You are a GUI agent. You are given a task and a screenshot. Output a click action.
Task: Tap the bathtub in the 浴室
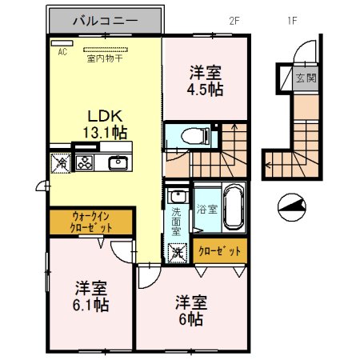pos(232,207)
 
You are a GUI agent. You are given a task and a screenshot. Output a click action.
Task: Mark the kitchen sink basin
pos(118,162)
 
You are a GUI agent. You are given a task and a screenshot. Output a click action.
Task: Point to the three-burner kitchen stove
pos(86,162)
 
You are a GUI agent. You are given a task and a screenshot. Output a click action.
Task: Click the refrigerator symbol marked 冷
pos(60,162)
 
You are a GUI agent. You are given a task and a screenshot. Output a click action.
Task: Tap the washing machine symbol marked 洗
pos(178,251)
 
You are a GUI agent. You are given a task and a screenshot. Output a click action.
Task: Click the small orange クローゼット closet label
pos(220,251)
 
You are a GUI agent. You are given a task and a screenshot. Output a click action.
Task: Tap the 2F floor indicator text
pos(234,22)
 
